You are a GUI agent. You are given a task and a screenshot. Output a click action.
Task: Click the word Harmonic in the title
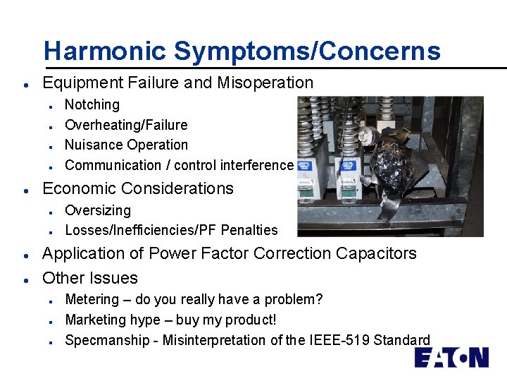pos(105,51)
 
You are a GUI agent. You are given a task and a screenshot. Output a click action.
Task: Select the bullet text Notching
pos(92,104)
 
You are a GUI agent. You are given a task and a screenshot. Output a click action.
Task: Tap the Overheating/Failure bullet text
pos(126,125)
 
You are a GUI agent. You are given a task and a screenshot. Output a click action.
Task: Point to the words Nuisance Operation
pos(126,145)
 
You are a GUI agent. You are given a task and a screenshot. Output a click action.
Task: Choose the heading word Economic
pos(77,188)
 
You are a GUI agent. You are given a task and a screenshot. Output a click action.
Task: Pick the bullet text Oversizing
pos(98,210)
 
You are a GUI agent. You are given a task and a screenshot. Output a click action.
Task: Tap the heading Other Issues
pos(90,277)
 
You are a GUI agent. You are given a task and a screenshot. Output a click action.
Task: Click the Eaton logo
pos(451,358)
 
